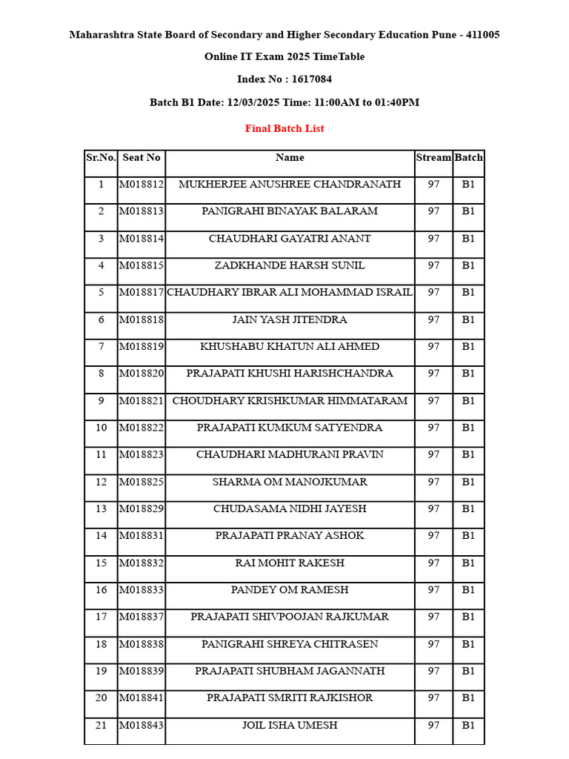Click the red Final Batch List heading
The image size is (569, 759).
(284, 128)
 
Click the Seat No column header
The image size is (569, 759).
(141, 157)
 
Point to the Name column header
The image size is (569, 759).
(290, 157)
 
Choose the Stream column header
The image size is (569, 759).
(433, 157)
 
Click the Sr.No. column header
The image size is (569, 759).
(101, 157)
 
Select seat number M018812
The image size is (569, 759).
(141, 184)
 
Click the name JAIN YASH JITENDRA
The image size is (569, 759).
(290, 319)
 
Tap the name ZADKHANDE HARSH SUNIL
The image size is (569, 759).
(290, 265)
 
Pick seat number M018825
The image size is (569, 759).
(141, 482)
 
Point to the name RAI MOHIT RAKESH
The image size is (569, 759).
(290, 563)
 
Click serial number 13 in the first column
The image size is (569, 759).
(101, 508)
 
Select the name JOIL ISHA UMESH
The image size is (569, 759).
(290, 725)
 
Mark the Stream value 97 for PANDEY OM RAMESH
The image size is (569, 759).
(433, 590)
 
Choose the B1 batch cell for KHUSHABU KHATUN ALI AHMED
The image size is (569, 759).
(468, 346)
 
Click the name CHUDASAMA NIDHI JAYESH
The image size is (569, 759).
(290, 508)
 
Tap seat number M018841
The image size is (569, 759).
(141, 697)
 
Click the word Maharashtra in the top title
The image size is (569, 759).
(103, 35)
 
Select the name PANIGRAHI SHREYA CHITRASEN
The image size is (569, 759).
(290, 644)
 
